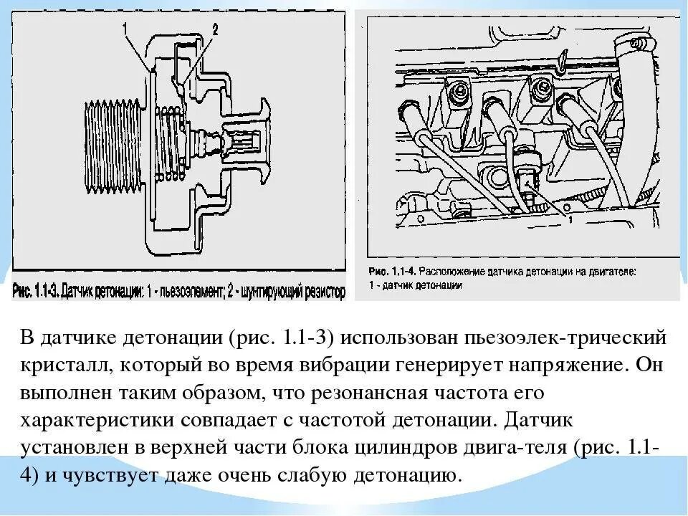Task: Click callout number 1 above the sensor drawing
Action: (125, 29)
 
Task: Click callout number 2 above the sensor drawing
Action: (214, 29)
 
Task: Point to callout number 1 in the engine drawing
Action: (569, 219)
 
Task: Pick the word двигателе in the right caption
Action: (601, 272)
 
